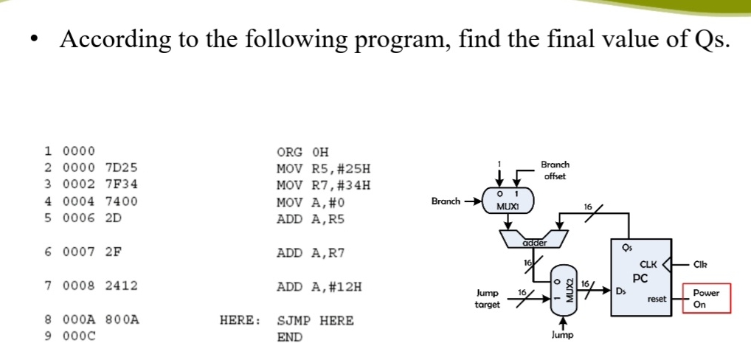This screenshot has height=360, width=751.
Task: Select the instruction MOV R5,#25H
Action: click(x=319, y=168)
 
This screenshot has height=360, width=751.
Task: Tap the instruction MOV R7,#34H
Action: click(x=322, y=184)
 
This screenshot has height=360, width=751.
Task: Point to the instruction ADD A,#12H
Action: click(x=319, y=286)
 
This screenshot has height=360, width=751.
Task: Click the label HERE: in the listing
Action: click(x=240, y=321)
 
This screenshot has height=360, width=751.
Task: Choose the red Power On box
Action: click(x=706, y=297)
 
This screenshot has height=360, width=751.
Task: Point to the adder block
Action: click(x=533, y=238)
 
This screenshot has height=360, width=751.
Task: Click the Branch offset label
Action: click(x=554, y=170)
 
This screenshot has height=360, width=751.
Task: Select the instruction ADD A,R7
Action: click(x=310, y=253)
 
